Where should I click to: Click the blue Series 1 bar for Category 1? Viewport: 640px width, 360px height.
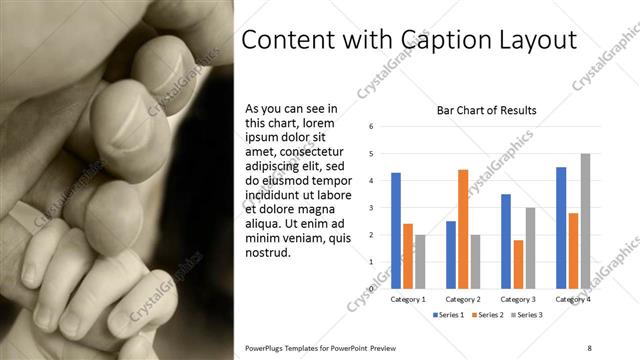(x=396, y=231)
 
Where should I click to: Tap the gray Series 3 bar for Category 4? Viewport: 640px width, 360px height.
(x=585, y=221)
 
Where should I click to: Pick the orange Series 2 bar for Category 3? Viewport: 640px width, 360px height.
(x=517, y=264)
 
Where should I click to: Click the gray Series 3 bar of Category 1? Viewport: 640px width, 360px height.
(x=420, y=262)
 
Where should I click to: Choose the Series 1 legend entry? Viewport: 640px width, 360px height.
(x=447, y=315)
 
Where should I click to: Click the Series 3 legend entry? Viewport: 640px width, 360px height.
(x=527, y=315)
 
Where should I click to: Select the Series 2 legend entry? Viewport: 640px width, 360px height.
(x=487, y=315)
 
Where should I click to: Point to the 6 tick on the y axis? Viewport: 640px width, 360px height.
(x=371, y=127)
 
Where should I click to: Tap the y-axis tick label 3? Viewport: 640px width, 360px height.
(x=371, y=208)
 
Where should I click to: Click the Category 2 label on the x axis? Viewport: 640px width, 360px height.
(x=463, y=299)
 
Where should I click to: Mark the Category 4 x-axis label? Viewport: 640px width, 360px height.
(x=573, y=299)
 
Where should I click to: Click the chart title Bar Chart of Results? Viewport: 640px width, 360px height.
(x=487, y=110)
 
